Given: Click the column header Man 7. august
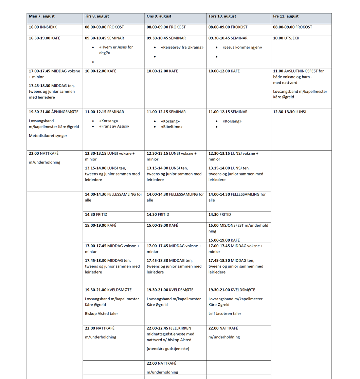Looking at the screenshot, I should pos(42,16).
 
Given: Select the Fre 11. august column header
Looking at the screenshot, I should pos(286,16).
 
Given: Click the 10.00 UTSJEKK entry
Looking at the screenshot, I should pos(286,38).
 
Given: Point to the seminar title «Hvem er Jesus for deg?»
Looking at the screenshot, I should pos(116,50).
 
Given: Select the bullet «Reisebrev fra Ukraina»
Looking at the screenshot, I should pos(182,47).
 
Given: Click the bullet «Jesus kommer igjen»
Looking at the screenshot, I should pos(242,47).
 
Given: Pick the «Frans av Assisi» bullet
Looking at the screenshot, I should pos(114,127).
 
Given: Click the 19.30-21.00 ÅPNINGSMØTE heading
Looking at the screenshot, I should pos(54,112).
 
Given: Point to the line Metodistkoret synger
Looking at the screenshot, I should pos(48,136).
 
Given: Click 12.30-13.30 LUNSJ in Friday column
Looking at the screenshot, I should pos(289,112).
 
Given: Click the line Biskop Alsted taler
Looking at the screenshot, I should pos(102,314).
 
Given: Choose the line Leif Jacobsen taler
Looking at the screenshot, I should pos(225,314).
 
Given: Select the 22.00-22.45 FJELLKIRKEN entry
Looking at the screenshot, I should pos(169,328).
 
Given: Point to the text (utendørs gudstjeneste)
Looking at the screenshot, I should pos(168,349).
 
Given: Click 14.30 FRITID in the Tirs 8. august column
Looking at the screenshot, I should pos(96,215).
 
